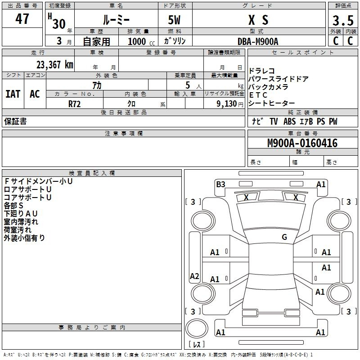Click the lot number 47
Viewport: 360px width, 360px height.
pyautogui.click(x=22, y=18)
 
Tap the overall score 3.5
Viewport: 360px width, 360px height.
pyautogui.click(x=343, y=20)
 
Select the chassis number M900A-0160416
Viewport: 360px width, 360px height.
pyautogui.click(x=302, y=143)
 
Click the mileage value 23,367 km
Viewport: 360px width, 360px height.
pyautogui.click(x=54, y=65)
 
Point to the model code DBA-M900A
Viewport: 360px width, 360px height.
pyautogui.click(x=258, y=41)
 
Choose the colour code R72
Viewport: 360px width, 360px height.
pyautogui.click(x=74, y=104)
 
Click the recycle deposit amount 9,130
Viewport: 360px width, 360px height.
pyautogui.click(x=226, y=104)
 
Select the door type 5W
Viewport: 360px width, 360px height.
pyautogui.click(x=174, y=20)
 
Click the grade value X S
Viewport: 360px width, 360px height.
pyautogui.click(x=258, y=20)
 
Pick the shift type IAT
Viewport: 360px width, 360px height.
pyautogui.click(x=13, y=94)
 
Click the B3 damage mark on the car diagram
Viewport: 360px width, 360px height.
pyautogui.click(x=220, y=184)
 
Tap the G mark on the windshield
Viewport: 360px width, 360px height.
pyautogui.click(x=284, y=237)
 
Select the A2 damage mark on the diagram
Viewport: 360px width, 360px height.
pyautogui.click(x=194, y=276)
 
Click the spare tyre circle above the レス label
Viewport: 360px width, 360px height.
pyautogui.click(x=197, y=328)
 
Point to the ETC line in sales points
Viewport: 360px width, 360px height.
pyautogui.click(x=258, y=95)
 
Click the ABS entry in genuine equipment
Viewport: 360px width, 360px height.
pyautogui.click(x=289, y=121)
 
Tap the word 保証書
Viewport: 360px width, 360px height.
pyautogui.click(x=15, y=121)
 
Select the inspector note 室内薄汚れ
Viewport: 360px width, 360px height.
pyautogui.click(x=21, y=222)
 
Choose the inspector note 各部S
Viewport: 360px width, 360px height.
pyautogui.click(x=13, y=206)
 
